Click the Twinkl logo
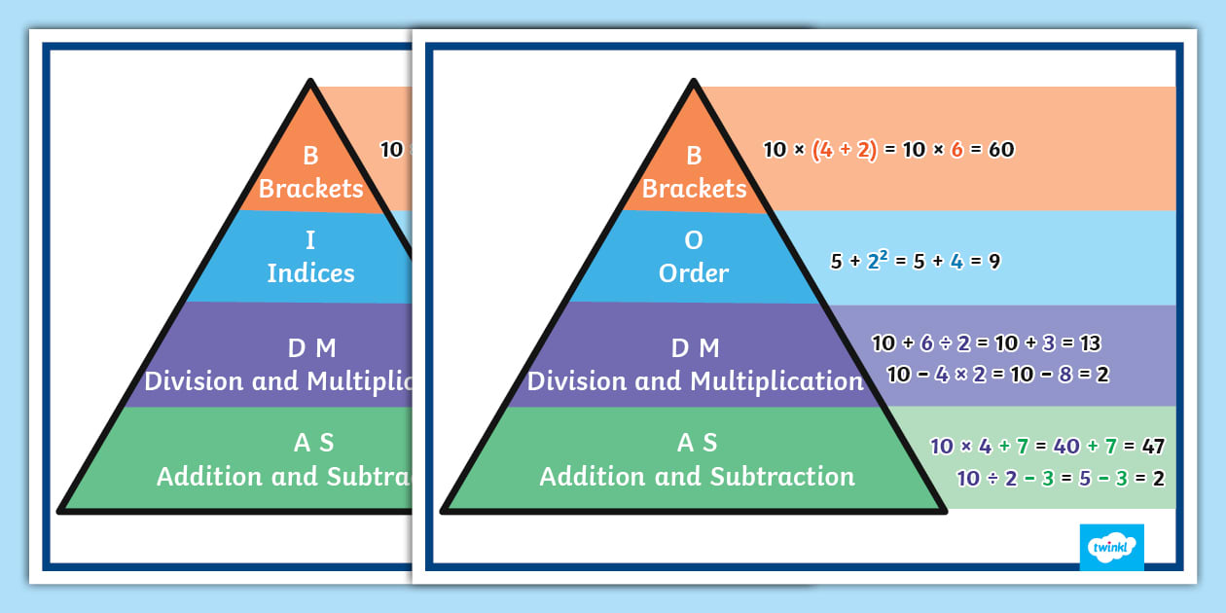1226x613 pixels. pyautogui.click(x=1111, y=547)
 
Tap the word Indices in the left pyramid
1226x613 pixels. pyautogui.click(x=311, y=273)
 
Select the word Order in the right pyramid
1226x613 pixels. pyautogui.click(x=694, y=273)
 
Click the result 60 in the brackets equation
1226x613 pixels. pyautogui.click(x=1000, y=150)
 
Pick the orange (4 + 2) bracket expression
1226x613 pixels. pyautogui.click(x=844, y=150)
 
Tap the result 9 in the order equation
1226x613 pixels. pyautogui.click(x=993, y=261)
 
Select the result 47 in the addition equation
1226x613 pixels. pyautogui.click(x=1152, y=447)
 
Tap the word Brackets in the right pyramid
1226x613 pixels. pyautogui.click(x=694, y=188)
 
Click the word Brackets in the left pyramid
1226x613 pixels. pyautogui.click(x=311, y=188)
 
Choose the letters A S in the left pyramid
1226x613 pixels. pyautogui.click(x=313, y=444)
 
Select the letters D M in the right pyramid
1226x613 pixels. pyautogui.click(x=697, y=348)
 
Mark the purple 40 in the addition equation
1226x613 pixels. pyautogui.click(x=1066, y=447)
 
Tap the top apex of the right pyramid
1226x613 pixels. pyautogui.click(x=693, y=82)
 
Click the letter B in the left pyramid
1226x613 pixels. pyautogui.click(x=311, y=156)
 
